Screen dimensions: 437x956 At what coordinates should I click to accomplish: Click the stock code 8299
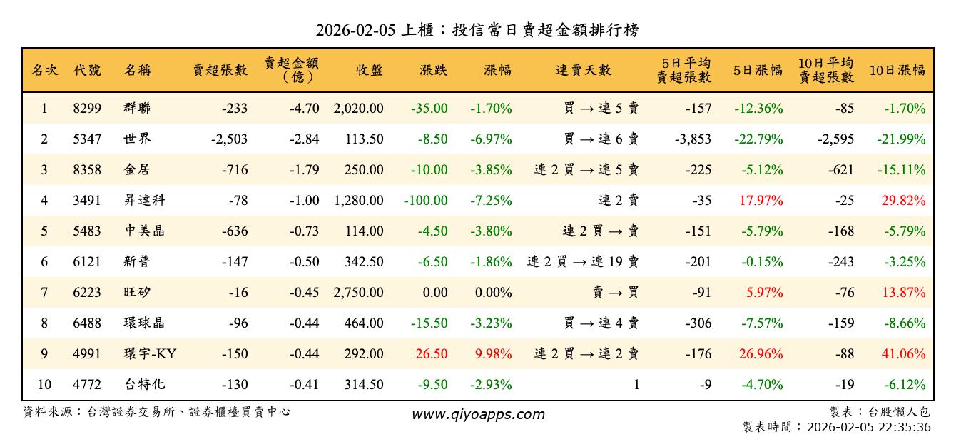(87, 109)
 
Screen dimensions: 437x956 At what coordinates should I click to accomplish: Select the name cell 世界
(137, 139)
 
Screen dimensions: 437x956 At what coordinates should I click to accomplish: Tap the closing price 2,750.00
(358, 293)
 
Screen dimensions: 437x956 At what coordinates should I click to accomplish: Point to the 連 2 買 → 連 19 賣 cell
(583, 262)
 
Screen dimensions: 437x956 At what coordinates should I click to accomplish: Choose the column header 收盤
(369, 70)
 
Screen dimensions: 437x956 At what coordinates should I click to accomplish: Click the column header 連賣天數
(584, 70)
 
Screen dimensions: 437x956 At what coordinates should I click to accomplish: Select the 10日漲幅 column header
(897, 70)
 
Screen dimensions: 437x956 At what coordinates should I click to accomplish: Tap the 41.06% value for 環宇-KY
(903, 354)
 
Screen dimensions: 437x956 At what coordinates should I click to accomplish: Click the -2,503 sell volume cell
(229, 139)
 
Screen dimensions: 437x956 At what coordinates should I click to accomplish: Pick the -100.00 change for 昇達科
(426, 201)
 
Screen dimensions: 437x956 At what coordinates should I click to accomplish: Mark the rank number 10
(44, 385)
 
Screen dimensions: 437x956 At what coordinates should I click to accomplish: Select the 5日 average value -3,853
(693, 139)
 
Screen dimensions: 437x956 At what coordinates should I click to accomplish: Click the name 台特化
(144, 385)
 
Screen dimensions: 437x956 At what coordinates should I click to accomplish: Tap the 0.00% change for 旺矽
(492, 293)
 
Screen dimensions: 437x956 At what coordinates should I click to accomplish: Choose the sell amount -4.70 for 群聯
(304, 109)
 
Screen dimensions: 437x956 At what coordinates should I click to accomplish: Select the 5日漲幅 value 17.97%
(761, 201)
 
